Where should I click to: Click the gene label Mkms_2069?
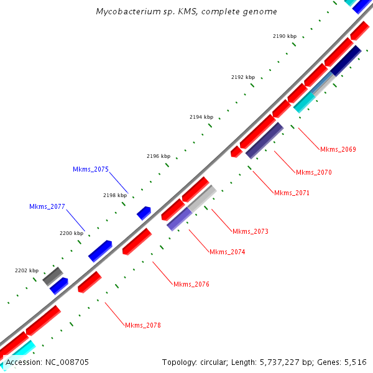338,149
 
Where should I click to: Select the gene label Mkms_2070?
314,172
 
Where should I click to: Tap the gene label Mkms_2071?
292,193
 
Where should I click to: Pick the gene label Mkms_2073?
251,231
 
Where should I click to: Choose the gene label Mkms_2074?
227,252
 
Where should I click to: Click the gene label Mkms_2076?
191,284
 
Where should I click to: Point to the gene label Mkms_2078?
142,325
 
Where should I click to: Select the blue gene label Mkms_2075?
91,169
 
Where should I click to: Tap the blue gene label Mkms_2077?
47,206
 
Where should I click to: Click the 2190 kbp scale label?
285,36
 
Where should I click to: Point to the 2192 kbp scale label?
242,77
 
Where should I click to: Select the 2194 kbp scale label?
201,117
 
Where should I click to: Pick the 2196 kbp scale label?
158,156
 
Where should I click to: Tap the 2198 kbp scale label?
114,195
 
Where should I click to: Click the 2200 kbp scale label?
71,233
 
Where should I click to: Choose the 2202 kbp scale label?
27,270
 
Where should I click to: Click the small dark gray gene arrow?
53,276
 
